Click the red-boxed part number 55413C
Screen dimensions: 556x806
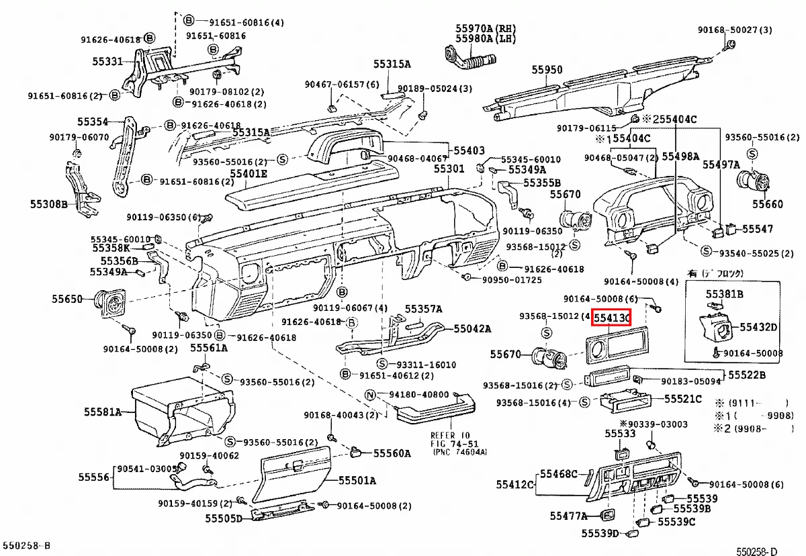click(611, 318)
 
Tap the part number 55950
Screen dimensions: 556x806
click(547, 69)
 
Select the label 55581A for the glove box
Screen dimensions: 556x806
click(102, 412)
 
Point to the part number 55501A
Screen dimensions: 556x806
click(357, 481)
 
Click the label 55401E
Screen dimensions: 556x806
click(249, 173)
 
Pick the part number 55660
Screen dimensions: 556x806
click(767, 203)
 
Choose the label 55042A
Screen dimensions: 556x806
click(472, 329)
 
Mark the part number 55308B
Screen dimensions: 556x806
click(49, 203)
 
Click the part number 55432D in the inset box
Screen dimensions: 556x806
click(758, 327)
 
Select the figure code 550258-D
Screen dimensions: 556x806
click(756, 551)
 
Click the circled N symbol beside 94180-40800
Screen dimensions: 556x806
click(369, 394)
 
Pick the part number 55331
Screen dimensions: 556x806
click(107, 62)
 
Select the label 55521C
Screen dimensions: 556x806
click(683, 399)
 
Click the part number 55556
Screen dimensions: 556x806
click(93, 477)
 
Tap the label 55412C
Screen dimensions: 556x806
click(515, 484)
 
